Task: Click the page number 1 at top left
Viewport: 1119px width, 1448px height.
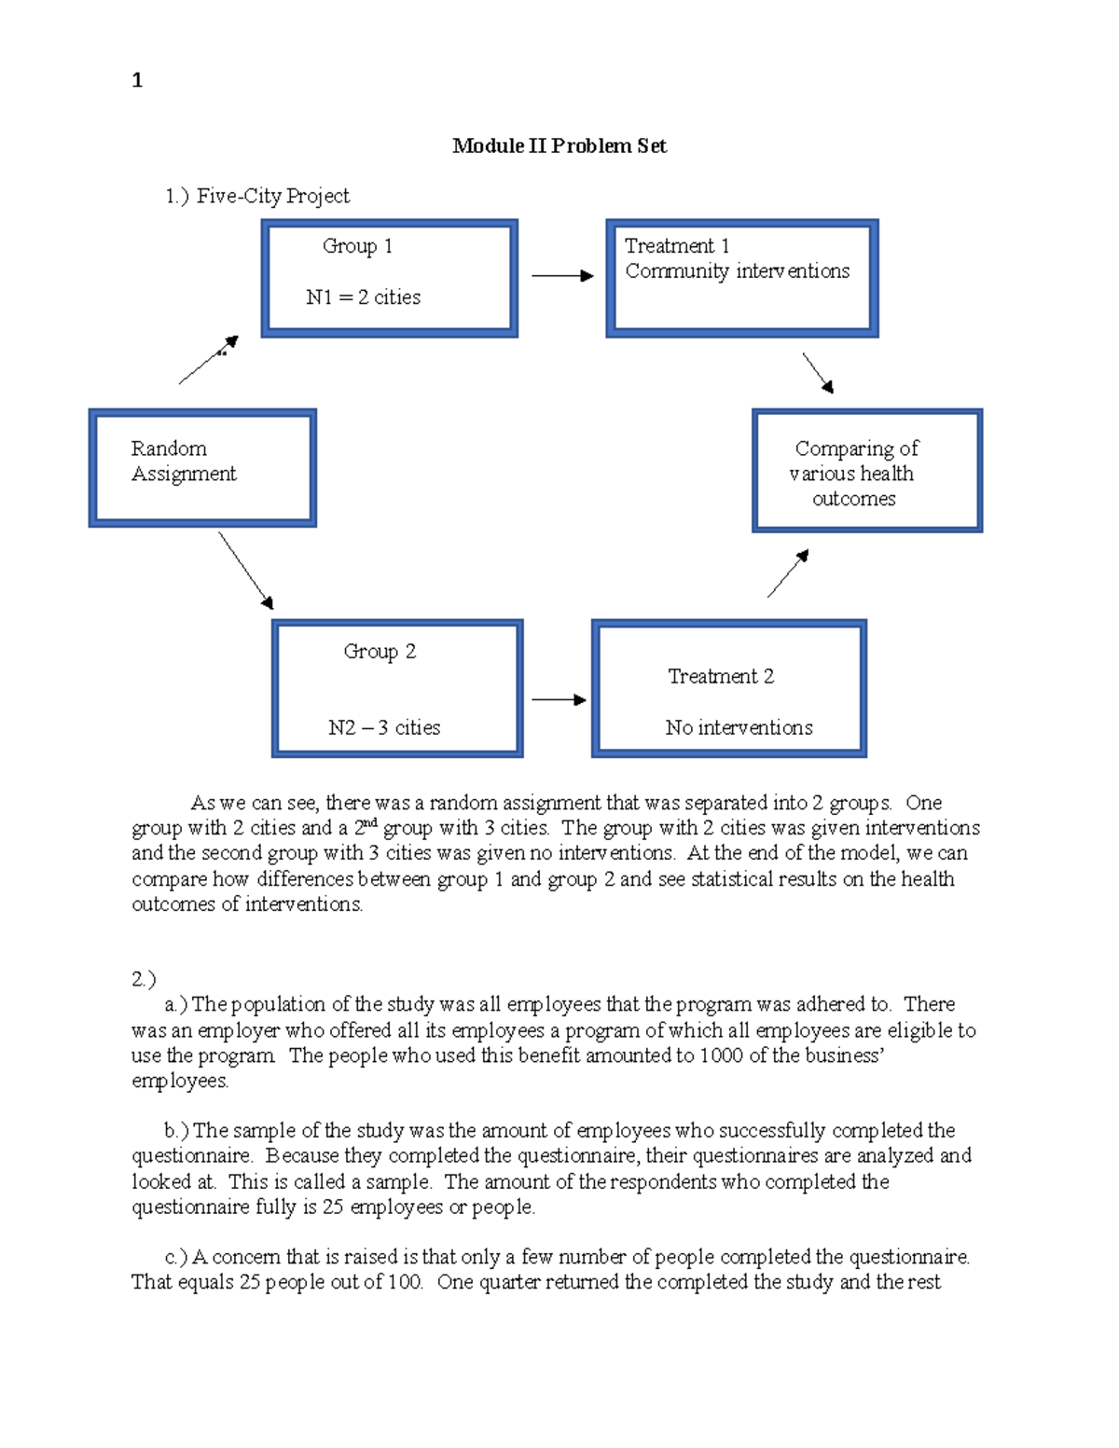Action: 137,80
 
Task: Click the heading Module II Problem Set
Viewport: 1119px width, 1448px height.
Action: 559,145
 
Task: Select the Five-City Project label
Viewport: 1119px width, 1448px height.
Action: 257,196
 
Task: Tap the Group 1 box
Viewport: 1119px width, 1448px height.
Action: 389,278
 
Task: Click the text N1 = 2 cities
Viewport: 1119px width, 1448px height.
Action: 363,297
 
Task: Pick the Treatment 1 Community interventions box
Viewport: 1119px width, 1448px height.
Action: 741,278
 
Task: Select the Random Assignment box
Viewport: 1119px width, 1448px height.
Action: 202,467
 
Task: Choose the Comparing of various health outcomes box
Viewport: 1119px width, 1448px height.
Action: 866,471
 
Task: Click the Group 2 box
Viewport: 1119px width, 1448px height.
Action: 397,688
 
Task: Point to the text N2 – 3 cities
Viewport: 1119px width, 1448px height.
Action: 384,727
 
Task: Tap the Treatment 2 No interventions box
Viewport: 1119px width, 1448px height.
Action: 728,688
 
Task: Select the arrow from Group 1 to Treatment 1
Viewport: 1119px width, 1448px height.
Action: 561,276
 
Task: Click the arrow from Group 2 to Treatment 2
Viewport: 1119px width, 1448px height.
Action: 559,699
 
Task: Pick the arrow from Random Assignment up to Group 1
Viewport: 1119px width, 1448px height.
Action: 209,360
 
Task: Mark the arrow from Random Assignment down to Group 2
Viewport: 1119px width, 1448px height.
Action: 246,571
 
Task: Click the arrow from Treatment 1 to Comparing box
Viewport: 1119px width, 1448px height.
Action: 818,373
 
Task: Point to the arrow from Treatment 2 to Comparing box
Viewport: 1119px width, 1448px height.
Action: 788,573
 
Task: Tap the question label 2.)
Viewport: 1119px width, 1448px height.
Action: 144,979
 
